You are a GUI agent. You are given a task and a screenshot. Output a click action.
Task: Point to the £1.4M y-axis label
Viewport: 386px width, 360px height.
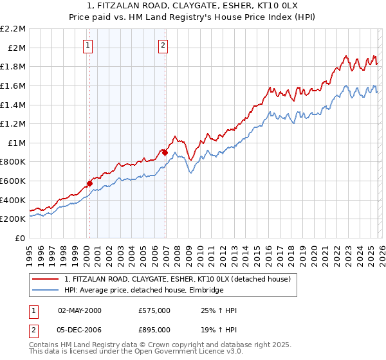coord(14,105)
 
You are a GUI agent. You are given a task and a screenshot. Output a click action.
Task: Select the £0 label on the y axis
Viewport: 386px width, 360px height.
coord(20,239)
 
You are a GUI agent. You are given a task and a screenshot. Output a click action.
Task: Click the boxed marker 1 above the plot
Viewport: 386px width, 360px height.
coord(87,45)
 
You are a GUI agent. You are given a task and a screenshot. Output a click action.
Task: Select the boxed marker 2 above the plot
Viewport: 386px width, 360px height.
coord(163,45)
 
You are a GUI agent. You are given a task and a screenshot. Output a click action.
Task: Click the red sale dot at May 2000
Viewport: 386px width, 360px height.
coord(89,183)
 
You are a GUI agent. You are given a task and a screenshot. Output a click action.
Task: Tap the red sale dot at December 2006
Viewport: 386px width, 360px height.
coord(165,152)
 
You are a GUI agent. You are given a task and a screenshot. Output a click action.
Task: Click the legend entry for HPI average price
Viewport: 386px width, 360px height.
coord(143,291)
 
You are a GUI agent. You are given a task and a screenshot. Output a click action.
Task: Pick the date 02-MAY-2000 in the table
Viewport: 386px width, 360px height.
coord(80,310)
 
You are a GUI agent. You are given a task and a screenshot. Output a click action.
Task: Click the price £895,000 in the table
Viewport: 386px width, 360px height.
coord(154,330)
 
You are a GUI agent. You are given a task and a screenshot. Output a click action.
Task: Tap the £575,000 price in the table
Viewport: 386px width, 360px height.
coord(154,310)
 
